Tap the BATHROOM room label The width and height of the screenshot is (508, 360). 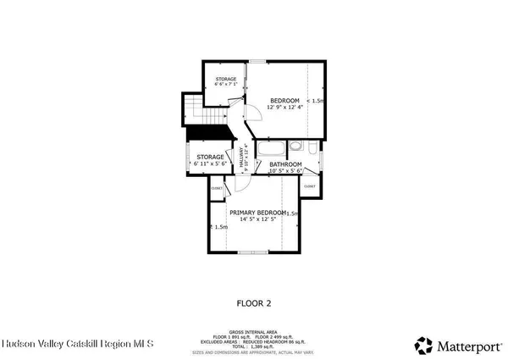click(286, 163)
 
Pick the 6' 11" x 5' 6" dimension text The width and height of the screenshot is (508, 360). click(210, 164)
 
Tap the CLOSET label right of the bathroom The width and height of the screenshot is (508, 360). click(310, 186)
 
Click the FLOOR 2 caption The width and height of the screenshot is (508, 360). click(253, 302)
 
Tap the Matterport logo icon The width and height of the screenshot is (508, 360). click(422, 345)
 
